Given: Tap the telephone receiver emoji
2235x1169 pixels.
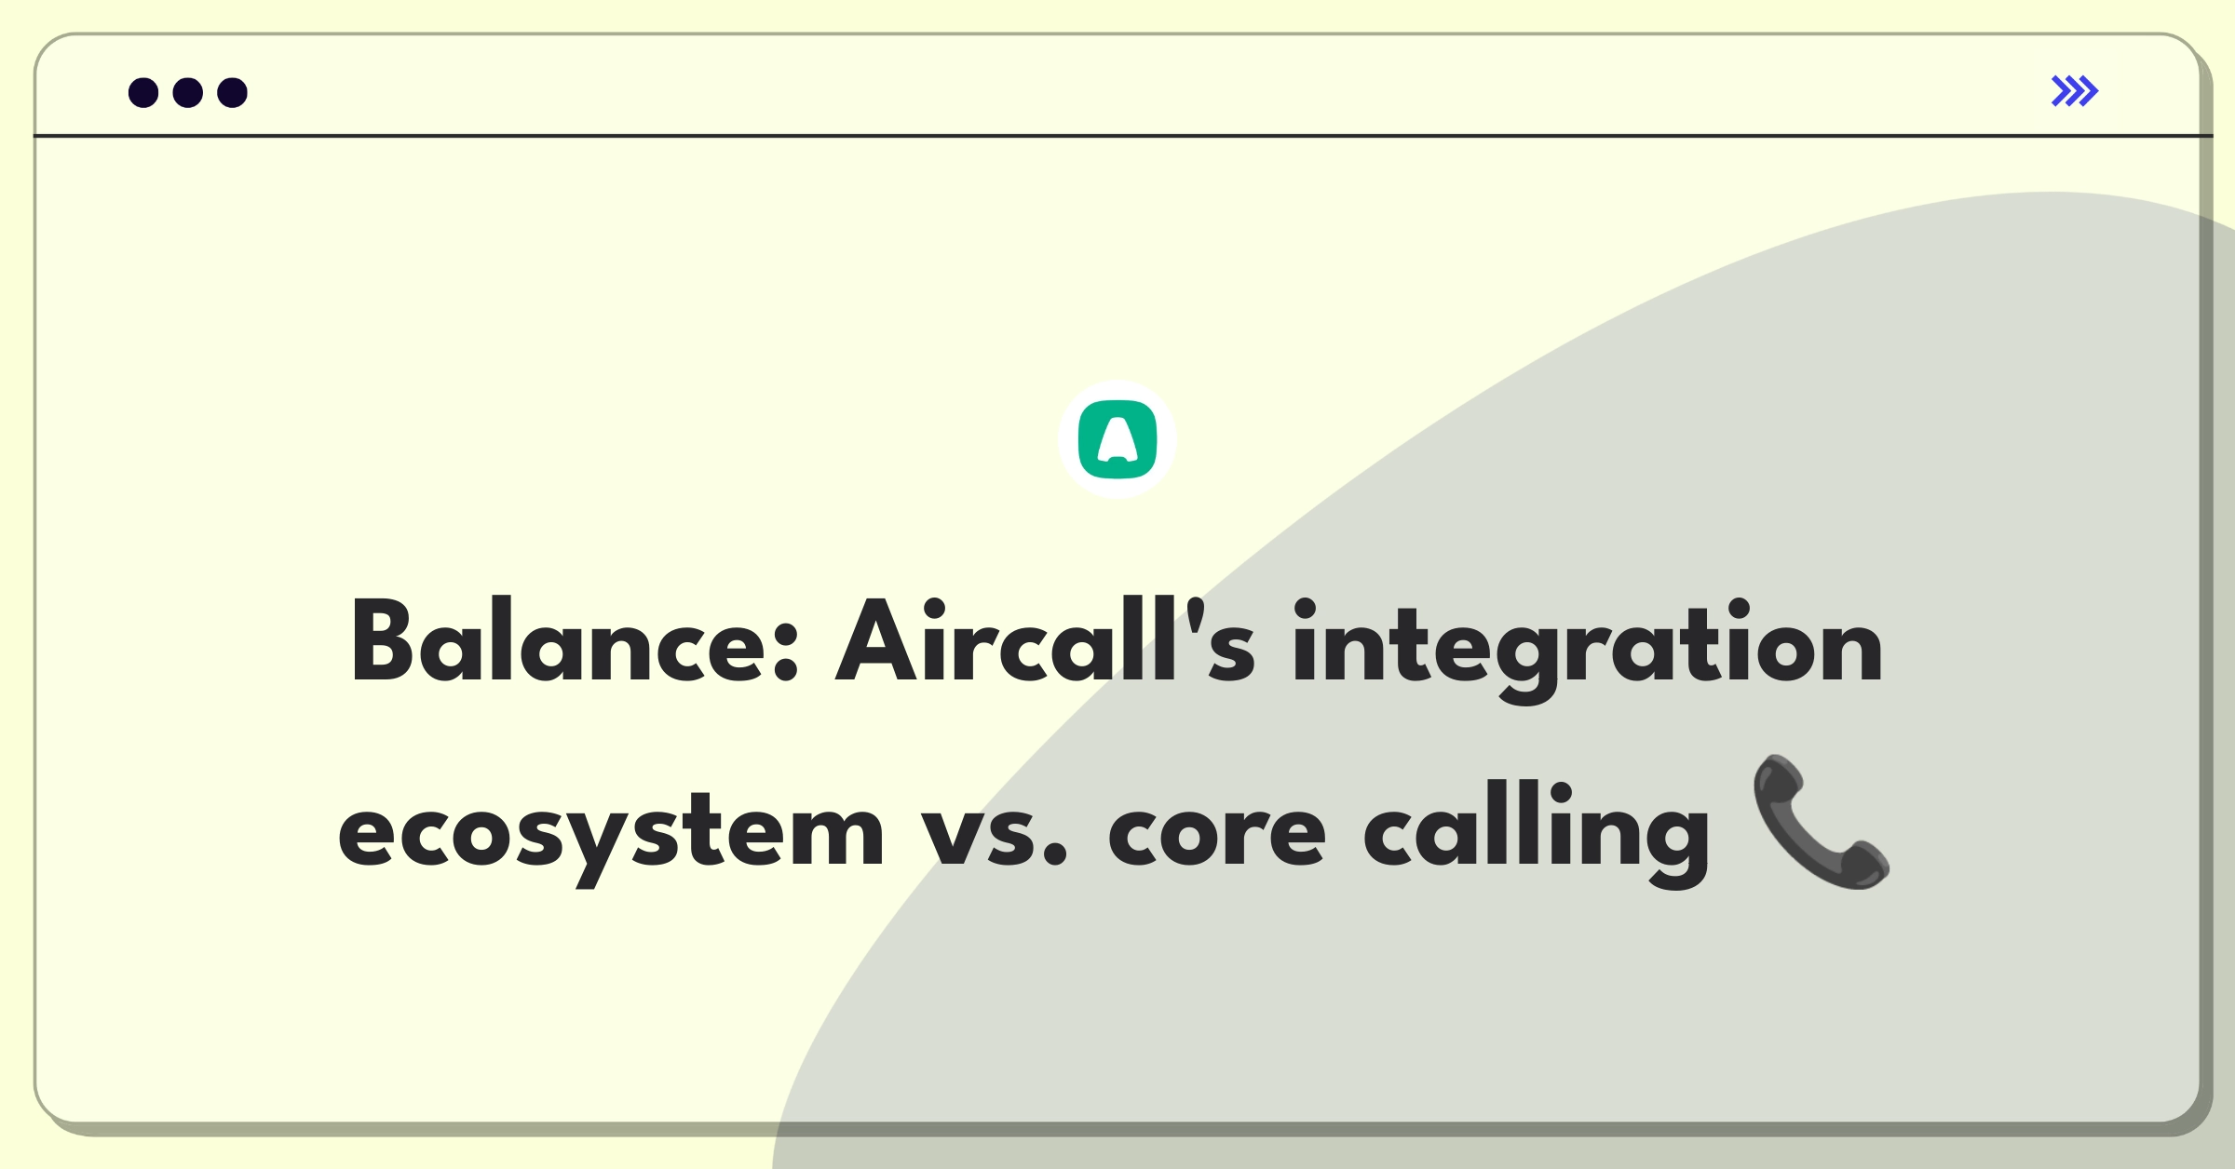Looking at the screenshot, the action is point(1822,823).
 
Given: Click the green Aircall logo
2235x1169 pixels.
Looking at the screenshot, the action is point(1117,439).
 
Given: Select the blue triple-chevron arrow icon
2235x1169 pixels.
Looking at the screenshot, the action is point(2075,91).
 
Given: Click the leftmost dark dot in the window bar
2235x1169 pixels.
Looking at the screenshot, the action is point(143,92).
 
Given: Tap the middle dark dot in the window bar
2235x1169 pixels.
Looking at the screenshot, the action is point(188,92).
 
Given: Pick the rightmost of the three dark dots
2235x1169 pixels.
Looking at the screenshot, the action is point(233,92).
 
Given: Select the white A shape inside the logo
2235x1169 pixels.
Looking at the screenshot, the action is point(1117,439).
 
